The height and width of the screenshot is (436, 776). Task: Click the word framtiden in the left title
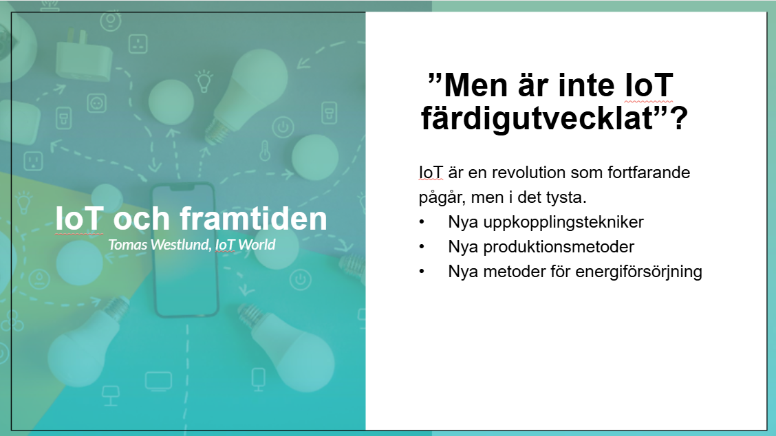[253, 218]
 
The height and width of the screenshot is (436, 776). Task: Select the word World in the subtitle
[257, 245]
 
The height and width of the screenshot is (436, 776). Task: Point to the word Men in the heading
[475, 85]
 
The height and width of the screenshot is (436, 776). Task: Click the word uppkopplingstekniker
[563, 222]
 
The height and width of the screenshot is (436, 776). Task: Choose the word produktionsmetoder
[559, 246]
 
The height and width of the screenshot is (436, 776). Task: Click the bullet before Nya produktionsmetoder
[422, 246]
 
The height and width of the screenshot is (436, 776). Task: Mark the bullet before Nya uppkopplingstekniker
[422, 221]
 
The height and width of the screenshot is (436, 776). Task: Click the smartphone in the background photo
[185, 250]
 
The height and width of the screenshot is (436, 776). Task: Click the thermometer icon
[266, 151]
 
